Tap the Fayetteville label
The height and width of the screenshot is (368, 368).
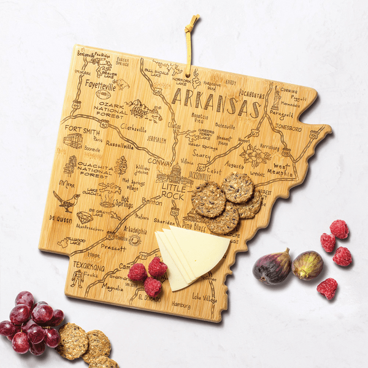click(101, 85)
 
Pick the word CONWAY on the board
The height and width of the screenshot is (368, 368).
click(160, 162)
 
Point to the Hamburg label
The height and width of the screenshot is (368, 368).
click(181, 304)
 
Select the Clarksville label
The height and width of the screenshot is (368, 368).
click(134, 129)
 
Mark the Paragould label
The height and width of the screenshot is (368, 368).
click(281, 113)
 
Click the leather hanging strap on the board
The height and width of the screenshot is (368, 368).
click(190, 43)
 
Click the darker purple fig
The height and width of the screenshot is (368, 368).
click(272, 266)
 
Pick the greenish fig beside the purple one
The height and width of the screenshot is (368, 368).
click(307, 265)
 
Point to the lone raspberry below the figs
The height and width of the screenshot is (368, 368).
click(328, 288)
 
